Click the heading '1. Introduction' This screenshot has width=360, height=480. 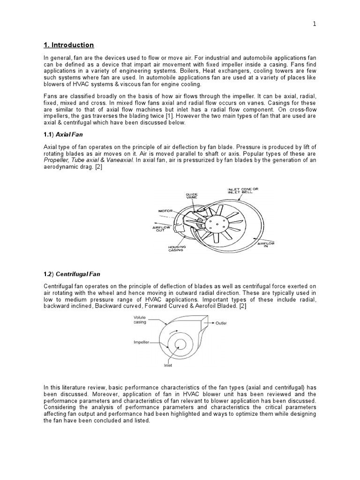pyautogui.click(x=68, y=45)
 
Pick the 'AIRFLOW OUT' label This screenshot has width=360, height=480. pyautogui.click(x=162, y=229)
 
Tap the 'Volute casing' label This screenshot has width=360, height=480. pyautogui.click(x=140, y=320)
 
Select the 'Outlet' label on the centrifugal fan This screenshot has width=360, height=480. pyautogui.click(x=221, y=323)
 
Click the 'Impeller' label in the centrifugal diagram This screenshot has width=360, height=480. pyautogui.click(x=142, y=342)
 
